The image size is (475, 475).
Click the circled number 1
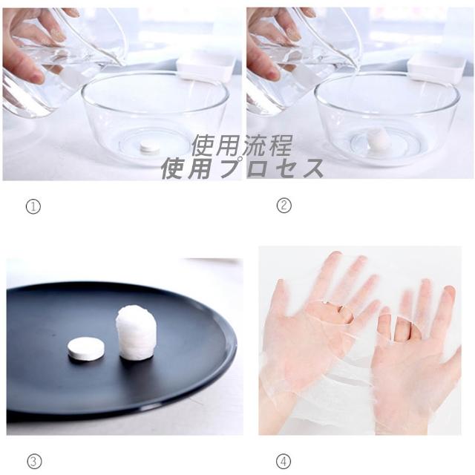click(33, 207)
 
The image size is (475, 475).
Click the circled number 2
click(284, 205)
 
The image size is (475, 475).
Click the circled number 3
click(34, 462)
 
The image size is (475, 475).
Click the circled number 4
click(284, 461)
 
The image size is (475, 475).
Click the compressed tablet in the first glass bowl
click(150, 147)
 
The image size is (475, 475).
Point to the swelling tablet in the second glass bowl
click(378, 138)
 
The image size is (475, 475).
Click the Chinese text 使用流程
click(243, 145)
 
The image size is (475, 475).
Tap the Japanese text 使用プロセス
click(243, 168)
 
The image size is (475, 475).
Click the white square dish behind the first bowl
click(206, 68)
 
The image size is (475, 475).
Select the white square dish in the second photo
click(436, 68)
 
